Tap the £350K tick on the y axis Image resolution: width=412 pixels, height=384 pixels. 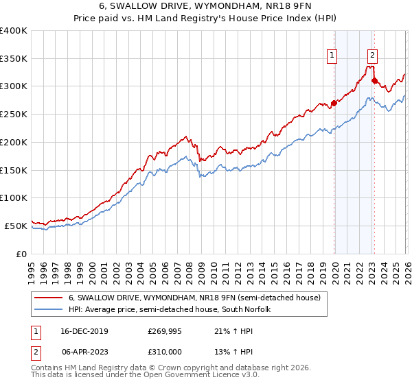14,58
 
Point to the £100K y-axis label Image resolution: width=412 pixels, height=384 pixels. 14,197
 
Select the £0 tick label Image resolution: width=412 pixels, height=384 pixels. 21,253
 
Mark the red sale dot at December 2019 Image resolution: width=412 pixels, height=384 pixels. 334,104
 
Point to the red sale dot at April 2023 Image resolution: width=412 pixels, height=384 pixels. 374,81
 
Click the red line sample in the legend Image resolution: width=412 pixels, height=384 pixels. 49,298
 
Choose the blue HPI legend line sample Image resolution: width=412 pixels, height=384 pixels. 49,310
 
